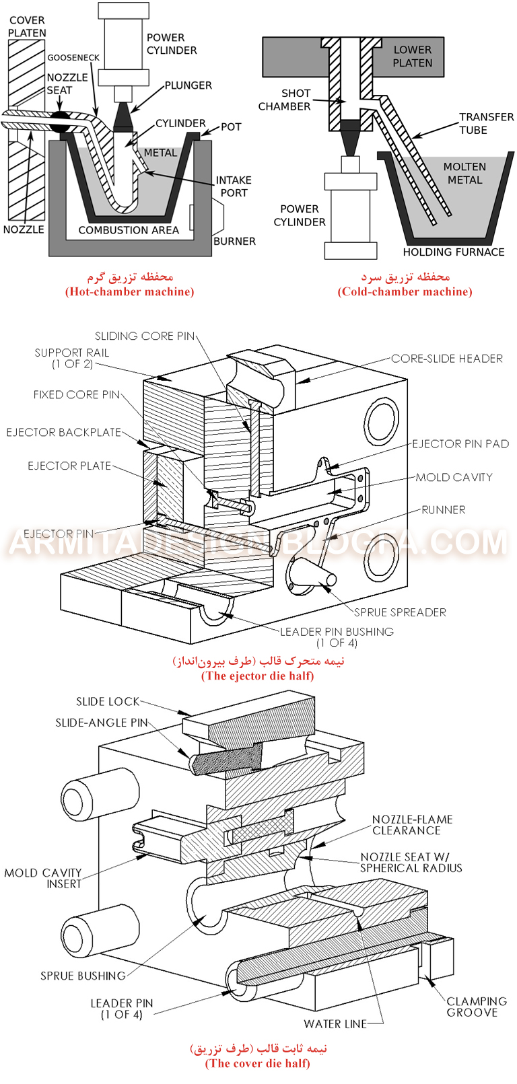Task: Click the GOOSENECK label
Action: [x=73, y=58]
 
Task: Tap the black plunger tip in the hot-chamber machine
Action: [x=123, y=116]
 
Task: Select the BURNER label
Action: [x=234, y=241]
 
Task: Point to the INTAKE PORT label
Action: [x=234, y=186]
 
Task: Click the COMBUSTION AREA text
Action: [x=129, y=230]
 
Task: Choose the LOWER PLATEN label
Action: [x=413, y=56]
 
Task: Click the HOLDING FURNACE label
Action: [x=454, y=252]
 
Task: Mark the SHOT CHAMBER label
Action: [x=285, y=100]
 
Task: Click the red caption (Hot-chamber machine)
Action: [x=130, y=292]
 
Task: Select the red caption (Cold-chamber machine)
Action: [x=405, y=292]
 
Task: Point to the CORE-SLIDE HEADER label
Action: [x=447, y=359]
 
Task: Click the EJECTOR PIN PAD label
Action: [x=460, y=444]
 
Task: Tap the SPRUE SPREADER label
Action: [x=400, y=612]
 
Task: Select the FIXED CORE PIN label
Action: [x=77, y=394]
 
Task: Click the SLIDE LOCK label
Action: [x=108, y=702]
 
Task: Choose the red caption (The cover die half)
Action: [x=258, y=1063]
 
